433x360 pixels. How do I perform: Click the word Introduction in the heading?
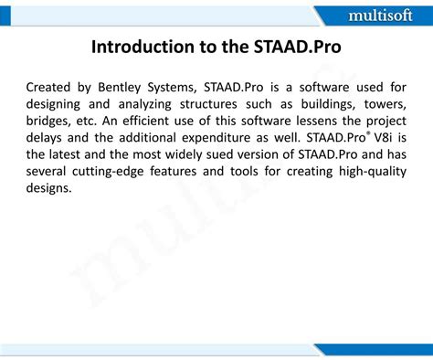coord(138,47)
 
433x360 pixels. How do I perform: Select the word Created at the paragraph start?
coord(52,87)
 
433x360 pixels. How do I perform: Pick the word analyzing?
coord(149,103)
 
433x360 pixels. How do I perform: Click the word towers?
coord(385,103)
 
